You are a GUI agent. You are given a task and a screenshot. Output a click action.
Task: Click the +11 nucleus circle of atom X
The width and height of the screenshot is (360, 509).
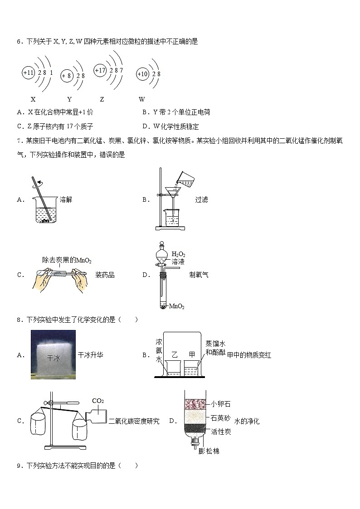click(x=28, y=73)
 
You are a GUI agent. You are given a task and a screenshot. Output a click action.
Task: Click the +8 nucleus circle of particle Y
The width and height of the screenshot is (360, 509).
click(x=67, y=76)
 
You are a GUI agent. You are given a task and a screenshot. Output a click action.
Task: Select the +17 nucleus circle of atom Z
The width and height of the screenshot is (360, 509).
click(x=100, y=70)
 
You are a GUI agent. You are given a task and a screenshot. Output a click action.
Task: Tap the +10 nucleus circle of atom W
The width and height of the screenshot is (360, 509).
click(x=142, y=74)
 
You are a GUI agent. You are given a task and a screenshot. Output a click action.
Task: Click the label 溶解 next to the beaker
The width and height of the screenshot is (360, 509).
click(x=66, y=199)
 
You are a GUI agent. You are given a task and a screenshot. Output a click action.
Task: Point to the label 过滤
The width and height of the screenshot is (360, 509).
click(x=201, y=199)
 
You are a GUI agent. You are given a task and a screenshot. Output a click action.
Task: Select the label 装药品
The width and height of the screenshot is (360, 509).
click(x=105, y=275)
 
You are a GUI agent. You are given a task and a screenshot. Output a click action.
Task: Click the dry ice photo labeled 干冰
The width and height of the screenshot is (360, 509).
click(x=53, y=354)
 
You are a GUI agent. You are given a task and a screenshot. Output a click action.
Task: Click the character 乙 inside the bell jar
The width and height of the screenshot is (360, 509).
click(x=175, y=354)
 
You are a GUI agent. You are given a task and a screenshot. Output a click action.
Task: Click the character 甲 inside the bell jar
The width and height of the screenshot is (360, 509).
click(x=192, y=354)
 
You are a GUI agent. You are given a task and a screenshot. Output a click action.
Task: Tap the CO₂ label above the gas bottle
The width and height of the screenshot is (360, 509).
click(x=98, y=401)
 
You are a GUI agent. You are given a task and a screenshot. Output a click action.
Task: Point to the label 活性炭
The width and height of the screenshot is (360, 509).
click(x=221, y=432)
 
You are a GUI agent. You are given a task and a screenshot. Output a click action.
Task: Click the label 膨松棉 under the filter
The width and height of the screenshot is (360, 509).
click(x=209, y=451)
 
